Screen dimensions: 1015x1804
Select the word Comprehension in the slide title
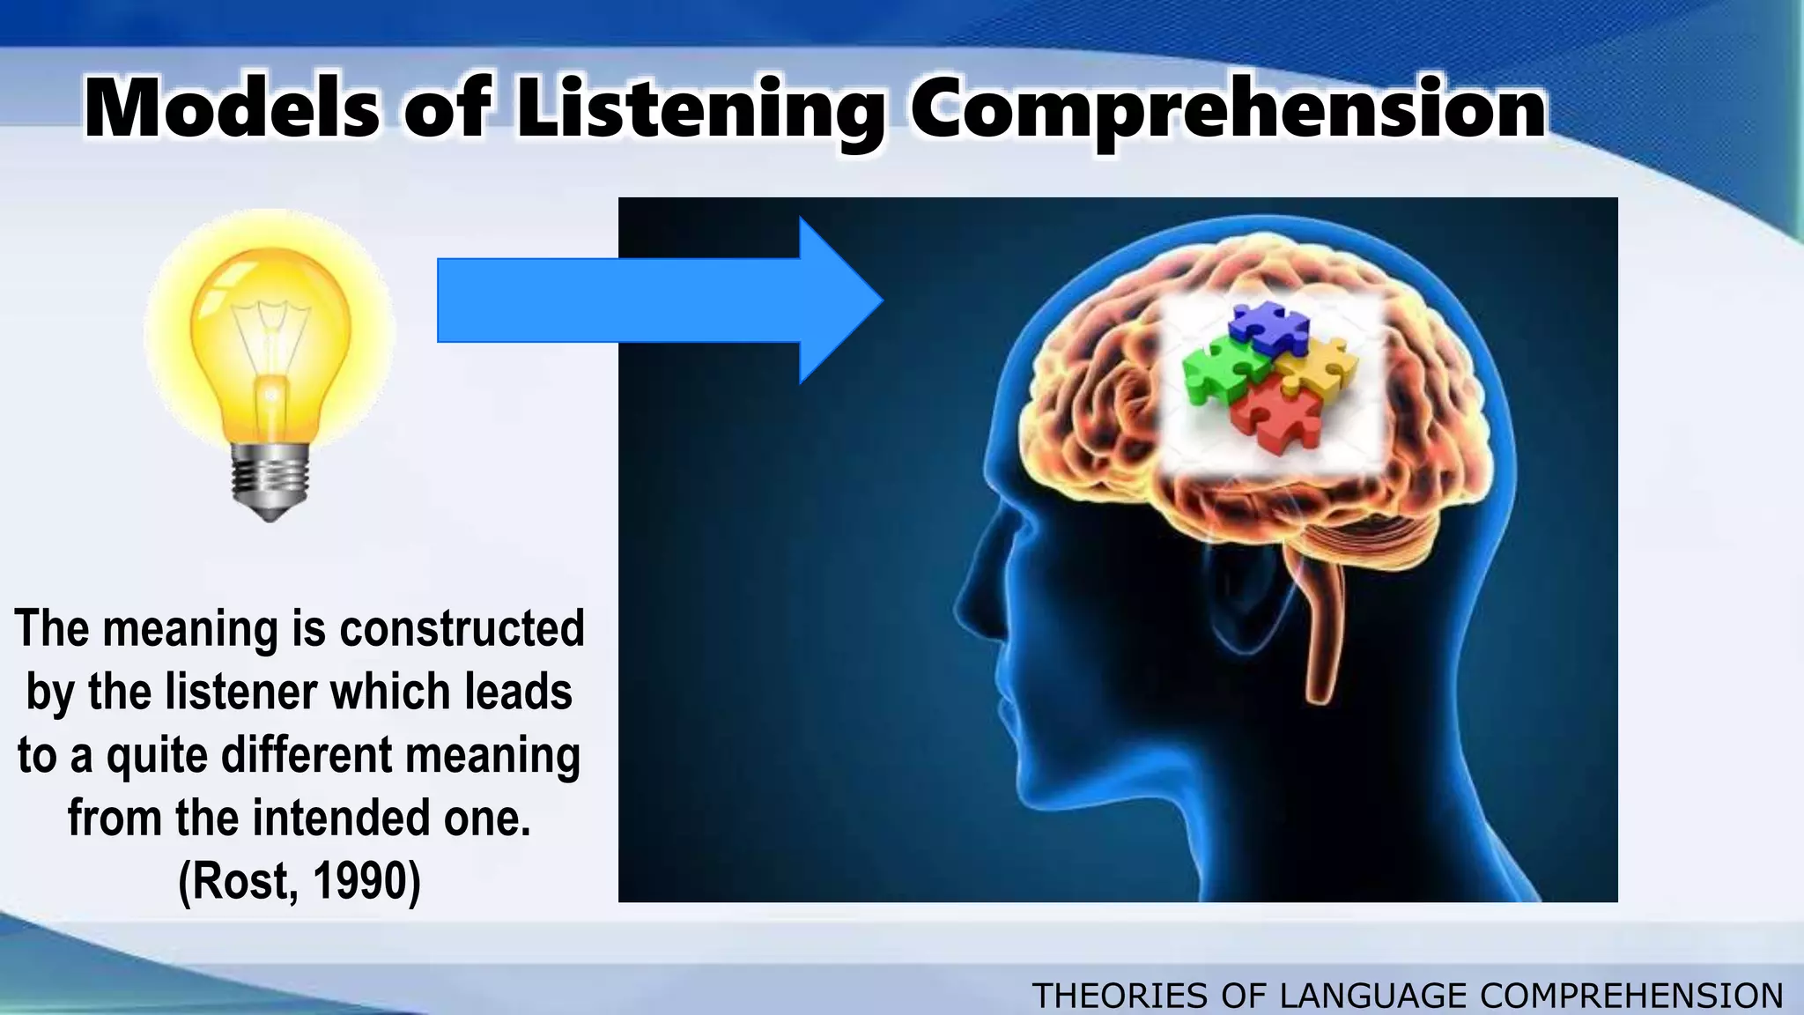pos(1228,110)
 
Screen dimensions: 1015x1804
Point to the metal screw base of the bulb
pos(270,480)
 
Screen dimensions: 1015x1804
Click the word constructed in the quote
pos(462,629)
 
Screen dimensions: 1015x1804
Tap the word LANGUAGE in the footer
pos(1373,996)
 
